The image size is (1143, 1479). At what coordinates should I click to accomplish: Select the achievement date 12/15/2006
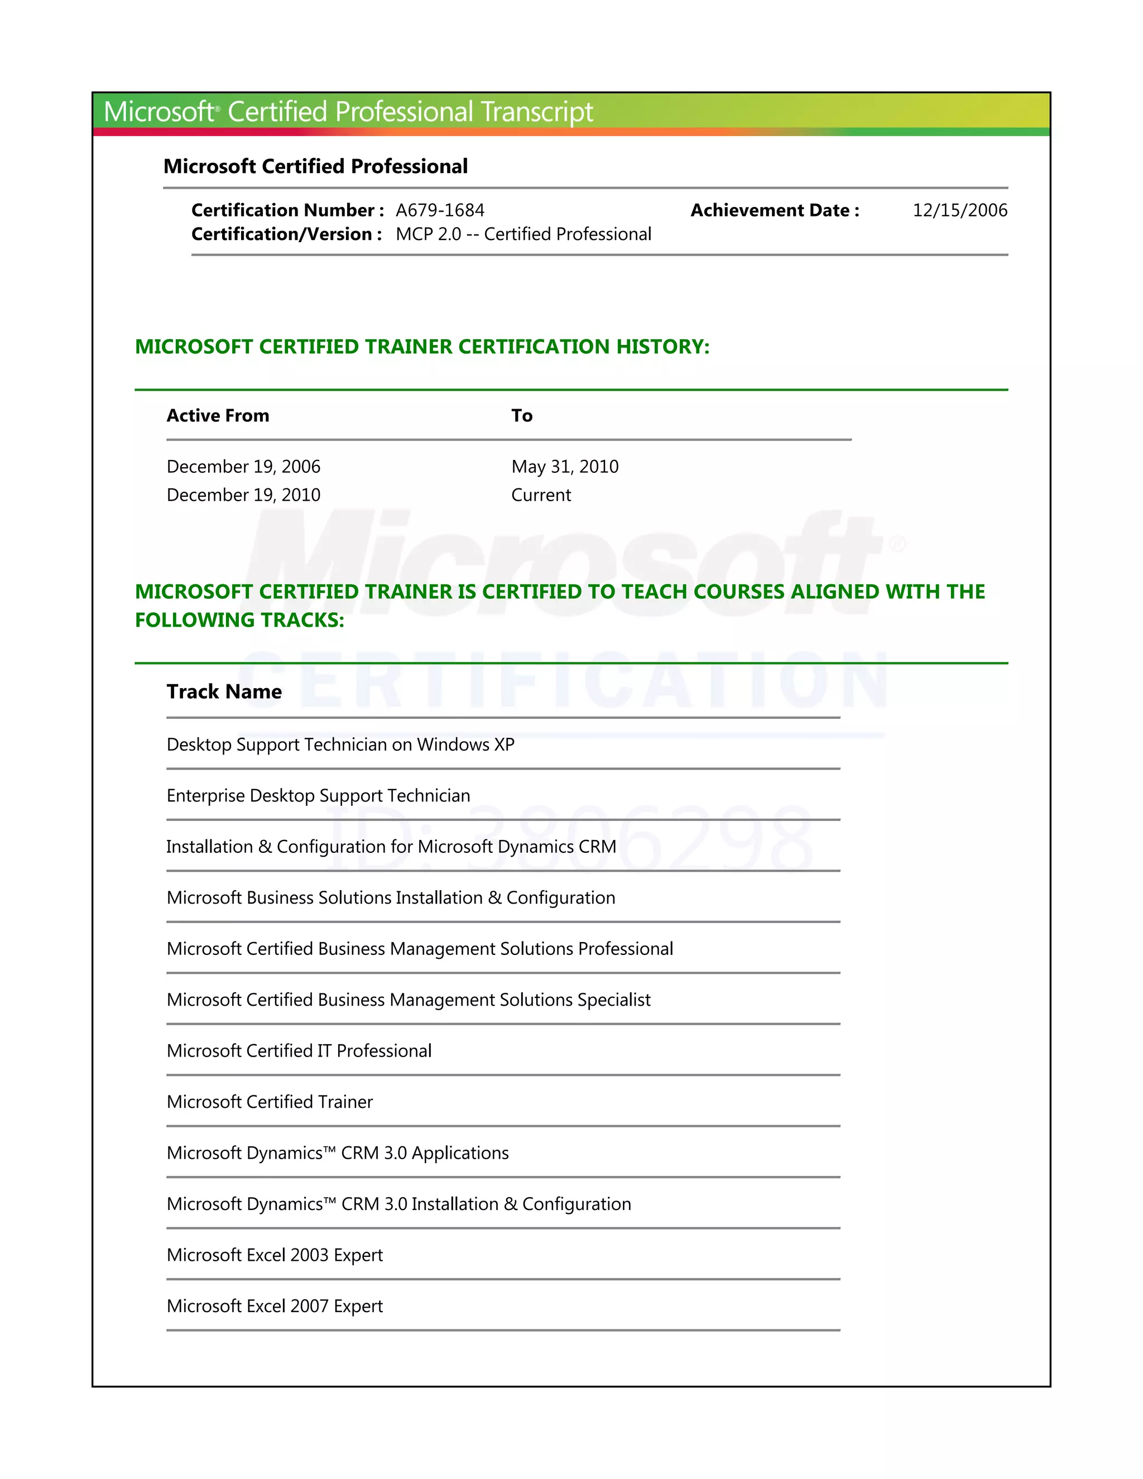(959, 210)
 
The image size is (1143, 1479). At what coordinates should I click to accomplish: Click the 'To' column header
(521, 416)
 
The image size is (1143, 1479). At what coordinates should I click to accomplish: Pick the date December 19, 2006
(243, 467)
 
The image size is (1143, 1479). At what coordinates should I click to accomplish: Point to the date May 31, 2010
(564, 467)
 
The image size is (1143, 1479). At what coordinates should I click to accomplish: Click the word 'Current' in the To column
(540, 495)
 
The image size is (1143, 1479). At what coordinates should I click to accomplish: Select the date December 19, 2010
(243, 495)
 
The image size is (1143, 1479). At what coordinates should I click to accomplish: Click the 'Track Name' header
(224, 692)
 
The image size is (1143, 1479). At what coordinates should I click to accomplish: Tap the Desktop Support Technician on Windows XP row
(340, 745)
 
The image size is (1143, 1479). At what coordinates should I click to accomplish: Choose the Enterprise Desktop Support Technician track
(318, 796)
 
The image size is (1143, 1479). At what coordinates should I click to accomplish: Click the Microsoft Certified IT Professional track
(299, 1051)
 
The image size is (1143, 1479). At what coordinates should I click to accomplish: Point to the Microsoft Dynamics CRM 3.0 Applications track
(337, 1153)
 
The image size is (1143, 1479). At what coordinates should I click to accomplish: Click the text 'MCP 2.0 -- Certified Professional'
(523, 234)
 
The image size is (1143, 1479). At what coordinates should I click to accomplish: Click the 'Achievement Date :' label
(774, 210)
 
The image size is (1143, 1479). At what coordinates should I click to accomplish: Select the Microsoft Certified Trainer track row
(270, 1102)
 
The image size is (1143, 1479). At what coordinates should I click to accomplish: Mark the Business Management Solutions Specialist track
(409, 1000)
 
